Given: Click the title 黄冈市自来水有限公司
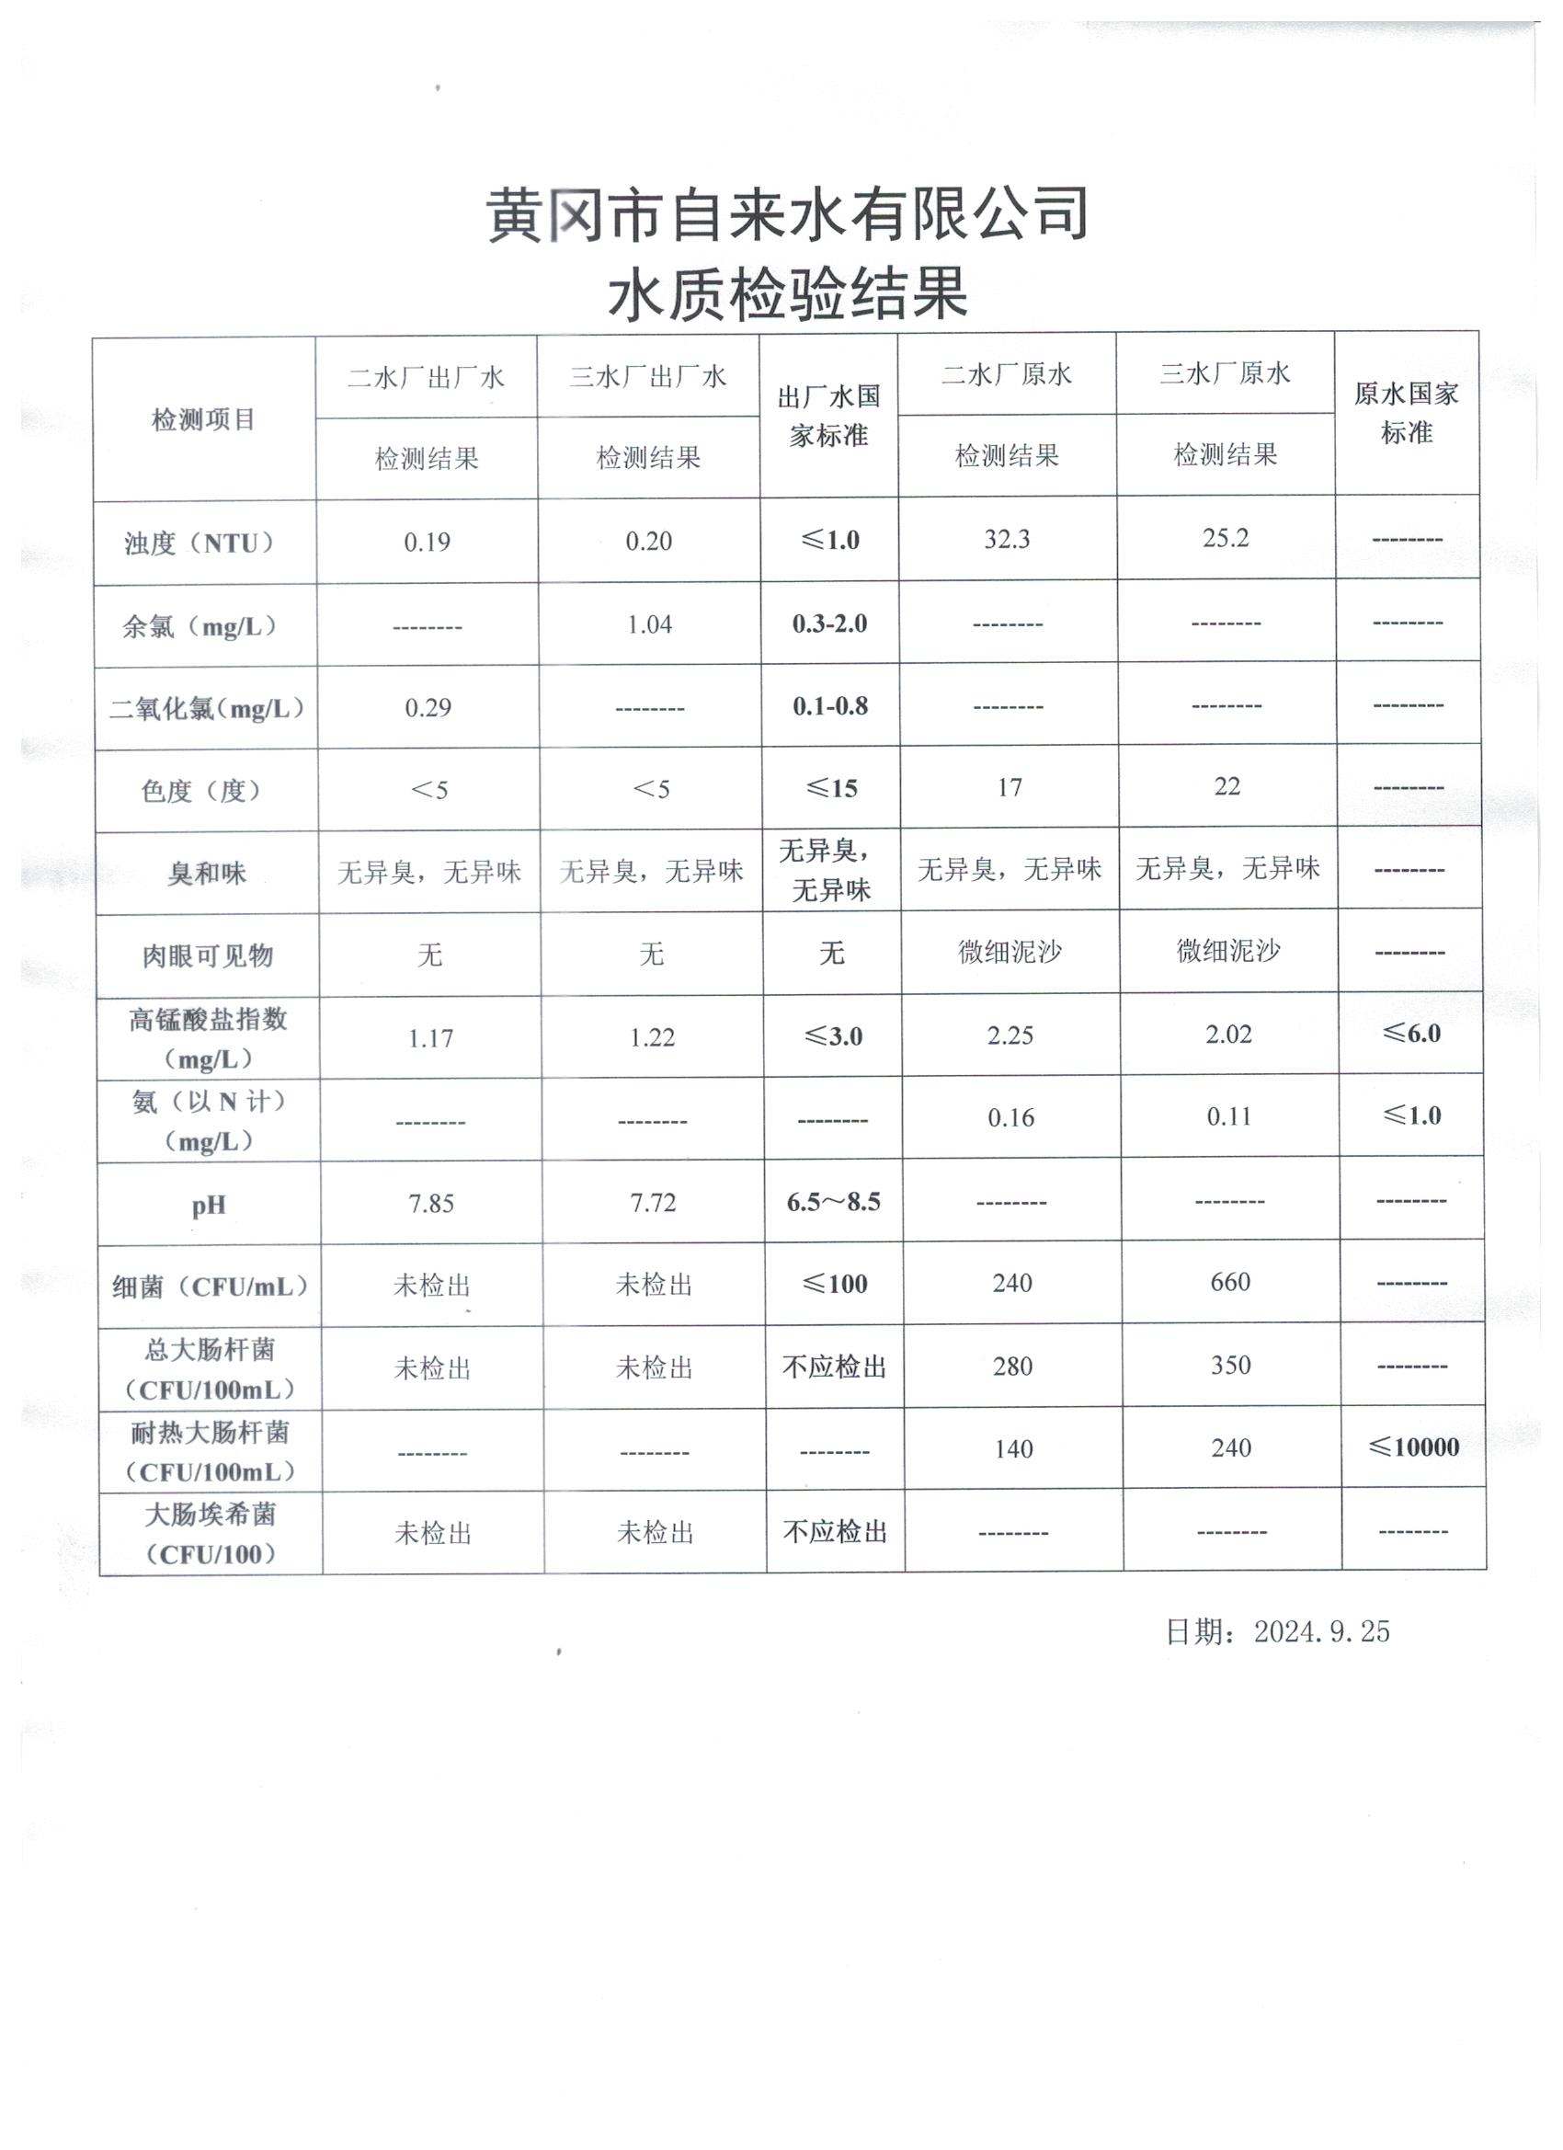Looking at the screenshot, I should click(787, 214).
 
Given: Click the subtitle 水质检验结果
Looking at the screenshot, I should click(787, 293).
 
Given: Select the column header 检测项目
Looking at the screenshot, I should click(204, 419).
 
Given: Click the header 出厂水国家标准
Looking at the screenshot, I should click(828, 416).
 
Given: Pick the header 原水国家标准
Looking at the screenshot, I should click(1406, 412).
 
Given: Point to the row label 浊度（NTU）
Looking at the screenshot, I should click(201, 543).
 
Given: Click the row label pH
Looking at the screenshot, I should click(209, 1206).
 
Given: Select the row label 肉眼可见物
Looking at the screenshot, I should click(208, 955).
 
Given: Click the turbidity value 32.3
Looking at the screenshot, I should click(1007, 540).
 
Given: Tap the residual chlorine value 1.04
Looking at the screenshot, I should click(649, 624).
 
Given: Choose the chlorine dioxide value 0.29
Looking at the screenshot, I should click(428, 708).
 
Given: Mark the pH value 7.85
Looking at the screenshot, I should click(431, 1204).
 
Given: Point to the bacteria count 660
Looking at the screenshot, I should click(1230, 1283).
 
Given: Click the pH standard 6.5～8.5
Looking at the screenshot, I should click(833, 1202).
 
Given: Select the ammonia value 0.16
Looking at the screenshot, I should click(1010, 1118).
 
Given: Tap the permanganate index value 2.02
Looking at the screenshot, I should click(1228, 1035).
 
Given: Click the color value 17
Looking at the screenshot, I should click(1010, 788).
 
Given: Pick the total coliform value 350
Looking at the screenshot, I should click(1230, 1365).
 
